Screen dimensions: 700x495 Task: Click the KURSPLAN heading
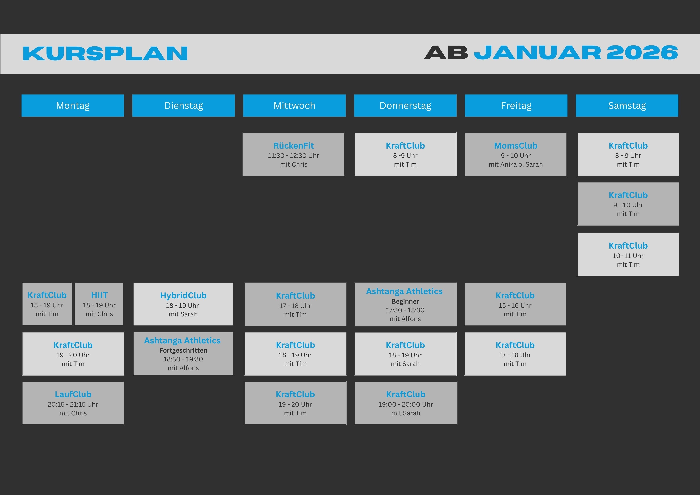coord(105,53)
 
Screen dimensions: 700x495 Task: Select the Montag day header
coord(73,105)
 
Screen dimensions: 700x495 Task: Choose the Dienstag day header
coord(184,105)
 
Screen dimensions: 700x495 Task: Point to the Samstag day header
coord(627,105)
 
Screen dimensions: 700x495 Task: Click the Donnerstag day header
coord(405,105)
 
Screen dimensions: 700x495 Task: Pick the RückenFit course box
coord(294,154)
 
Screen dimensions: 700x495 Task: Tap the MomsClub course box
coord(516,154)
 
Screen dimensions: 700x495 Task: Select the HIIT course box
coord(99,304)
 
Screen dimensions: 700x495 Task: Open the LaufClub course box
coord(73,403)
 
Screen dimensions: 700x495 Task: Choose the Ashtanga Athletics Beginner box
coord(405,304)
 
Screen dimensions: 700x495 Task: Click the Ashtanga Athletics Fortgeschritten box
coord(183,354)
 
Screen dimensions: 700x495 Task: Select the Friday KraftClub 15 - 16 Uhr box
coord(515,304)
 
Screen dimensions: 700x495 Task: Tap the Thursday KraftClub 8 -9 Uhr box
coord(405,154)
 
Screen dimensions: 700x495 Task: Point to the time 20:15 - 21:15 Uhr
coord(73,404)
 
